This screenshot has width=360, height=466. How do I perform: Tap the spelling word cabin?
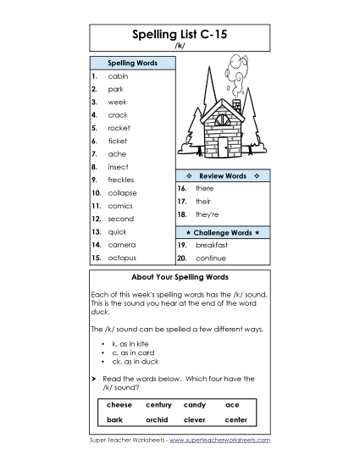[x=118, y=76]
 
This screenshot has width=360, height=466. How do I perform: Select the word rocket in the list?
[x=119, y=128]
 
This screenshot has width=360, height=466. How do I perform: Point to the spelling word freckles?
[x=121, y=180]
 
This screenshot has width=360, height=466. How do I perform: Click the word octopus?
[x=122, y=258]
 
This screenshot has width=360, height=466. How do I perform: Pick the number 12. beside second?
[x=97, y=219]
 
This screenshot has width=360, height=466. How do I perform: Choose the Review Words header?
[x=223, y=175]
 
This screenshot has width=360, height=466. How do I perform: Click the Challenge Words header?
[x=223, y=231]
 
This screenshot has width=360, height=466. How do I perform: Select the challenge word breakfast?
[x=211, y=245]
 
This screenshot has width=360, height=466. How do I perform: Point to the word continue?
[x=210, y=258]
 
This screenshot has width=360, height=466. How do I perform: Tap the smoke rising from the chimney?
[x=235, y=71]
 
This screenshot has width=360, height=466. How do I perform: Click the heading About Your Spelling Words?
[x=180, y=277]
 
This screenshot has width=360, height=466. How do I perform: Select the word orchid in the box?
[x=158, y=419]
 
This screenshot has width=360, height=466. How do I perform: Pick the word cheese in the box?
[x=119, y=405]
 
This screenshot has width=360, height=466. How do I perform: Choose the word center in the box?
[x=236, y=419]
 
